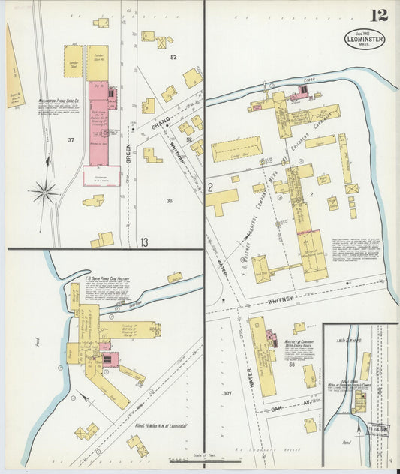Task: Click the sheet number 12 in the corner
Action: point(376,15)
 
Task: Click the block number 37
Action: point(71,140)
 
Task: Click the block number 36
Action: point(170,200)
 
